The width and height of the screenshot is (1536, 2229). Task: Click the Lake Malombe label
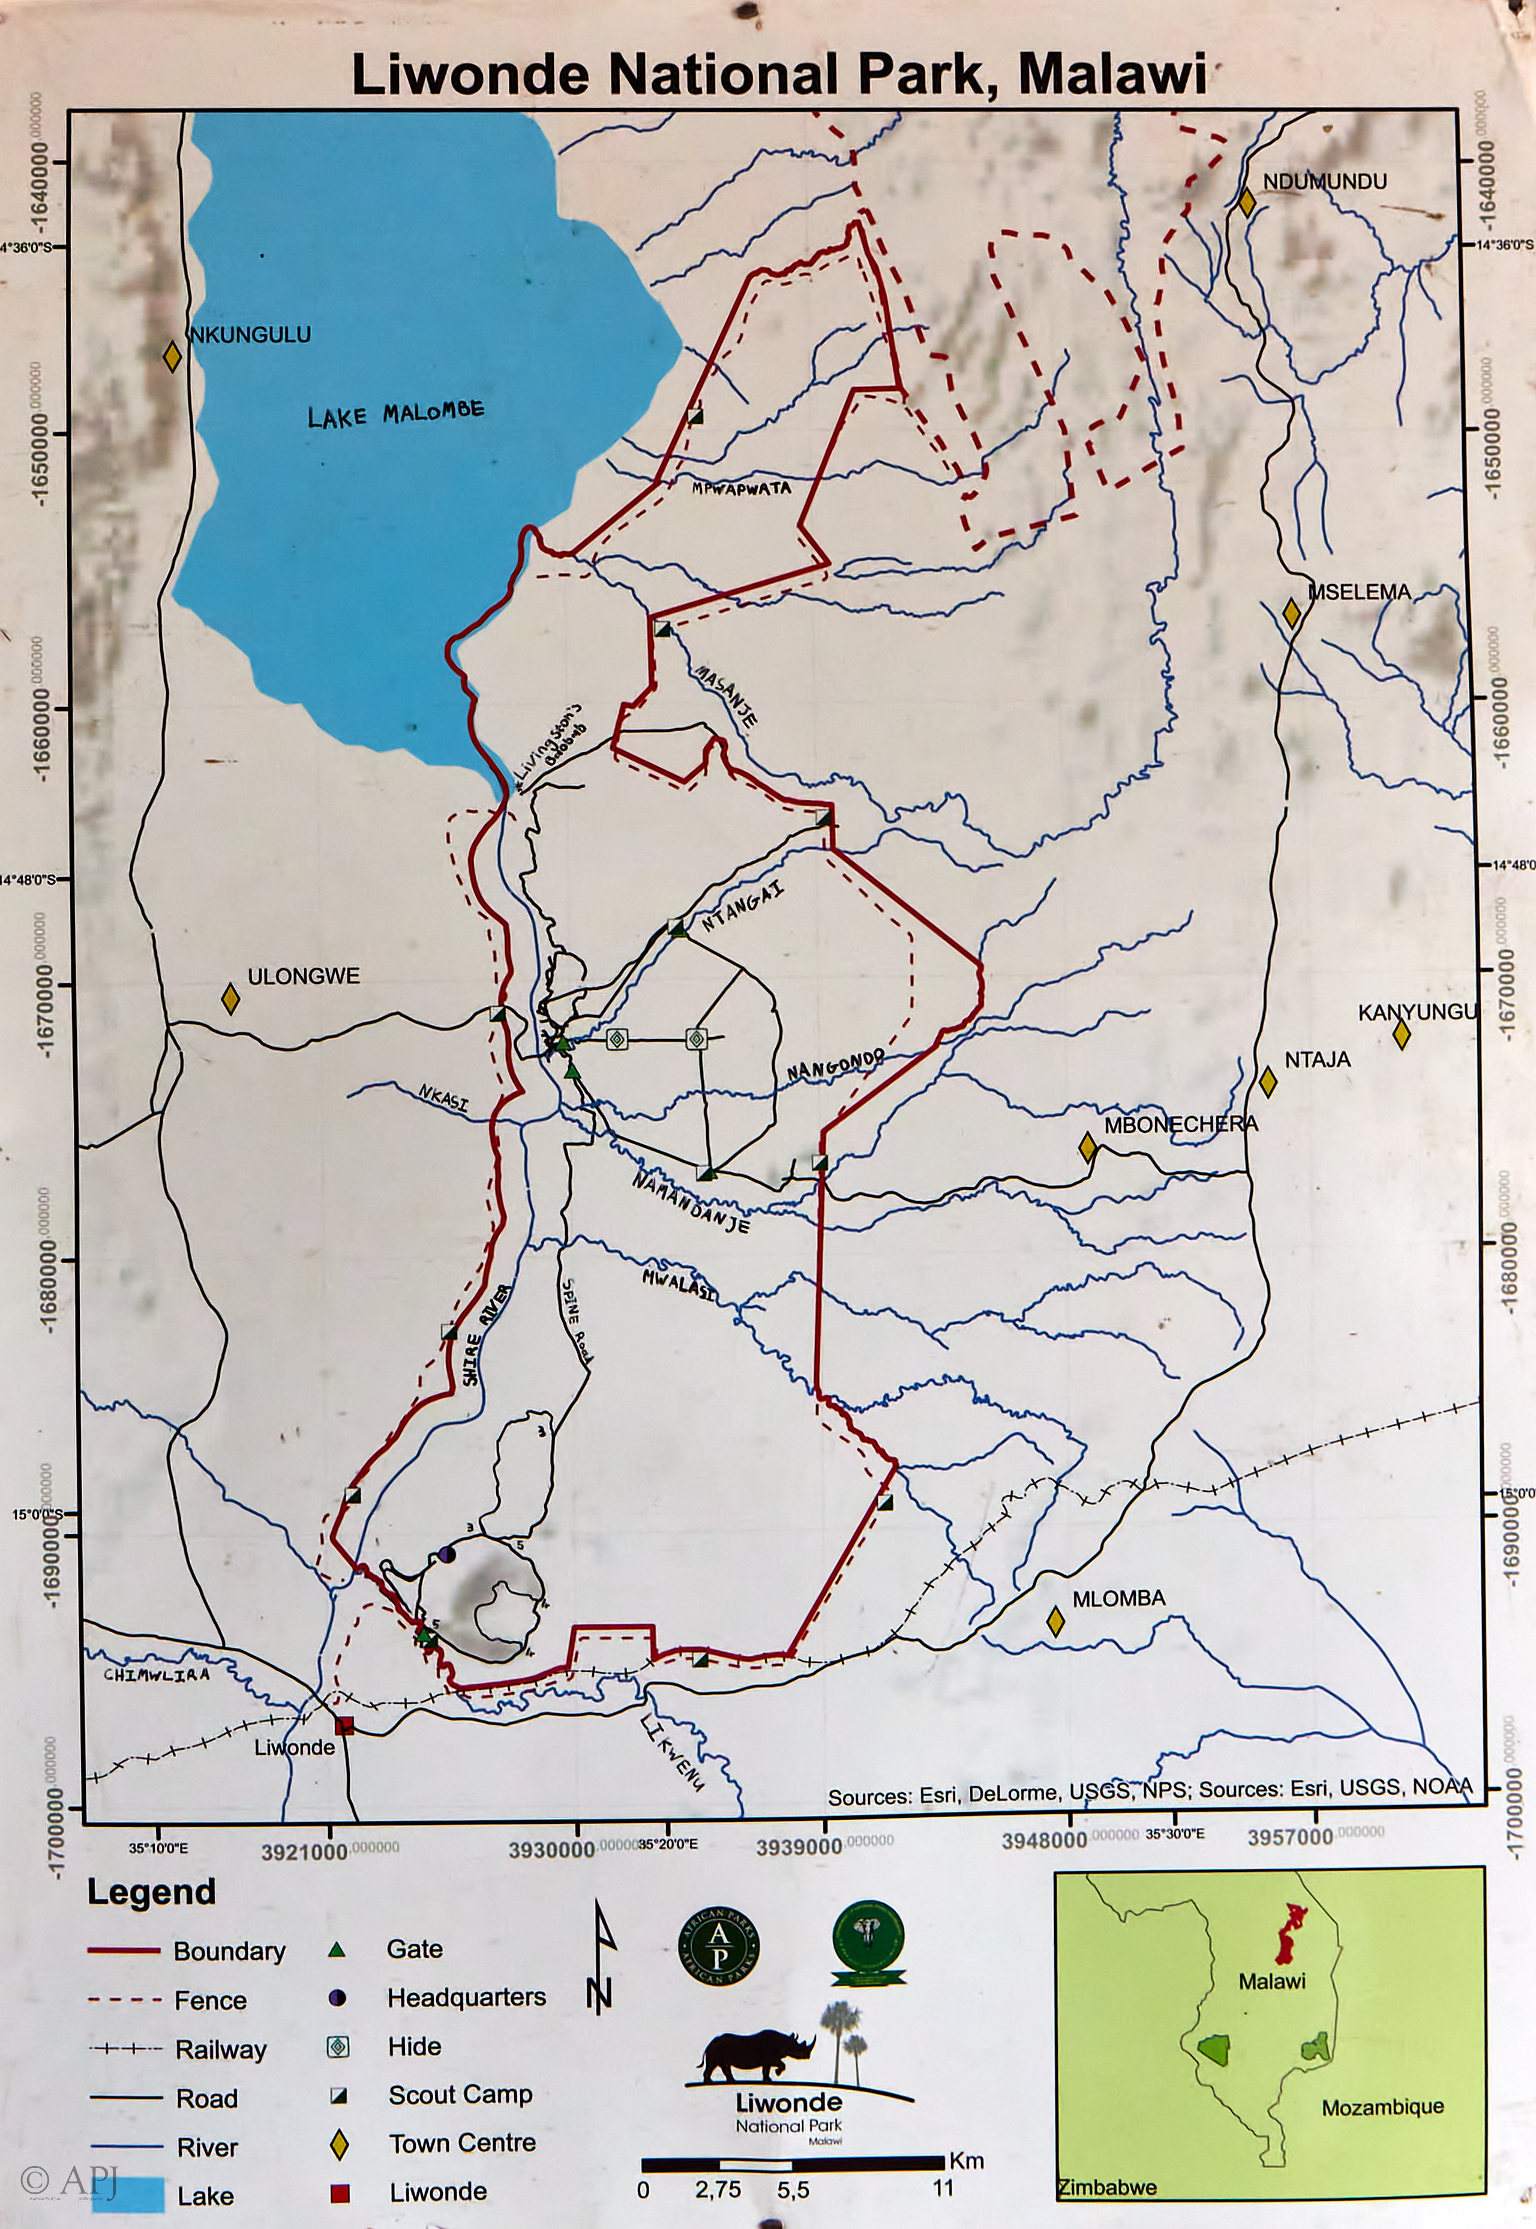coord(395,414)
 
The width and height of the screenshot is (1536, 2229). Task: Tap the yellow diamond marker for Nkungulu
coord(172,356)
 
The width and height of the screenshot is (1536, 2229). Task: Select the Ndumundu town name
coord(1324,182)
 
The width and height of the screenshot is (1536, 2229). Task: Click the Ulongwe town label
coord(303,976)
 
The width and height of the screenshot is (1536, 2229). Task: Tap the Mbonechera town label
coord(1180,1124)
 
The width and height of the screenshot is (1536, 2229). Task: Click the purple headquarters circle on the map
coord(446,1554)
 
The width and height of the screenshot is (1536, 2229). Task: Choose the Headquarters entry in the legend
coord(466,1998)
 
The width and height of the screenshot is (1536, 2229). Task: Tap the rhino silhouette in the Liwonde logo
coord(755,2056)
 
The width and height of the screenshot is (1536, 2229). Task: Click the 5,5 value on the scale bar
coord(793,2191)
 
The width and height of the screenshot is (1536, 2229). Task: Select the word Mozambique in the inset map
coord(1381,2108)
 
